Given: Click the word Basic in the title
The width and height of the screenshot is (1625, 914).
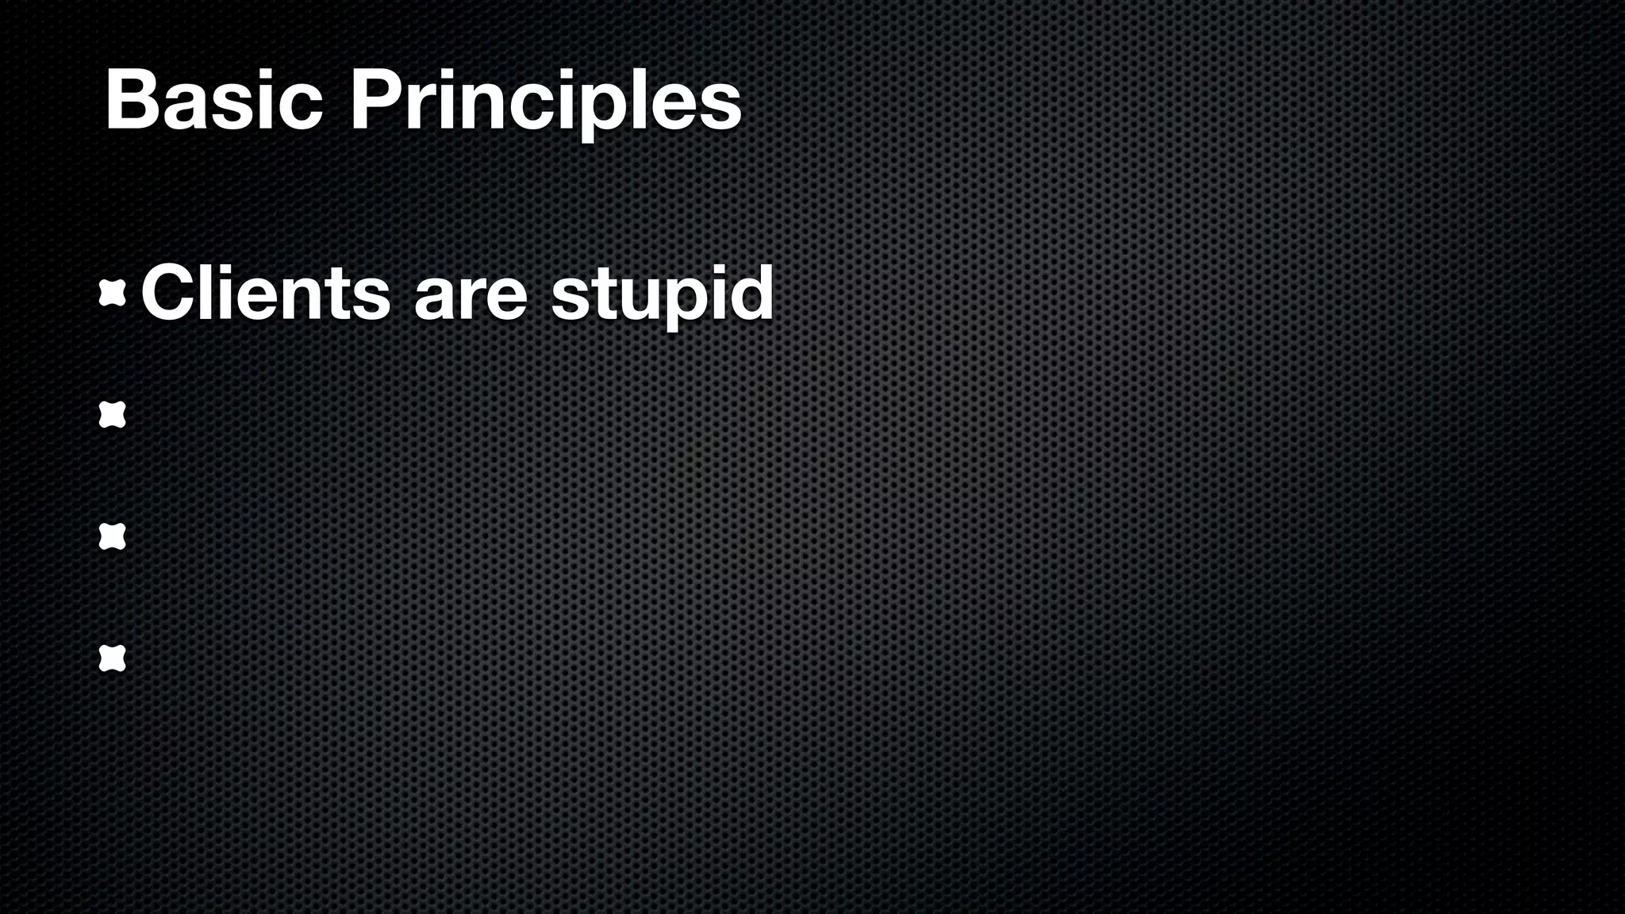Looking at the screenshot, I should pos(213,101).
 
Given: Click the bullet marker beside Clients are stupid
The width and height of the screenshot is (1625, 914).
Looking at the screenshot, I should pos(113,294).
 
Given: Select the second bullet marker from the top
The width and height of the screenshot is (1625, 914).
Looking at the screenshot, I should pos(113,415).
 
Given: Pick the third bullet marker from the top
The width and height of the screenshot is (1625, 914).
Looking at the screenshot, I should pos(113,537).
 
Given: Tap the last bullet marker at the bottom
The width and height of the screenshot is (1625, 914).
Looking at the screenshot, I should pos(113,659).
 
